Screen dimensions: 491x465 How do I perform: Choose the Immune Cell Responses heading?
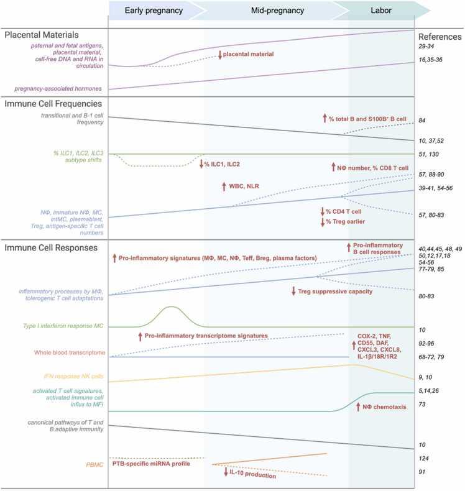point(52,247)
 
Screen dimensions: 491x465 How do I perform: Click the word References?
point(440,36)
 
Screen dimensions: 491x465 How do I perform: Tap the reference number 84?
point(422,121)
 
